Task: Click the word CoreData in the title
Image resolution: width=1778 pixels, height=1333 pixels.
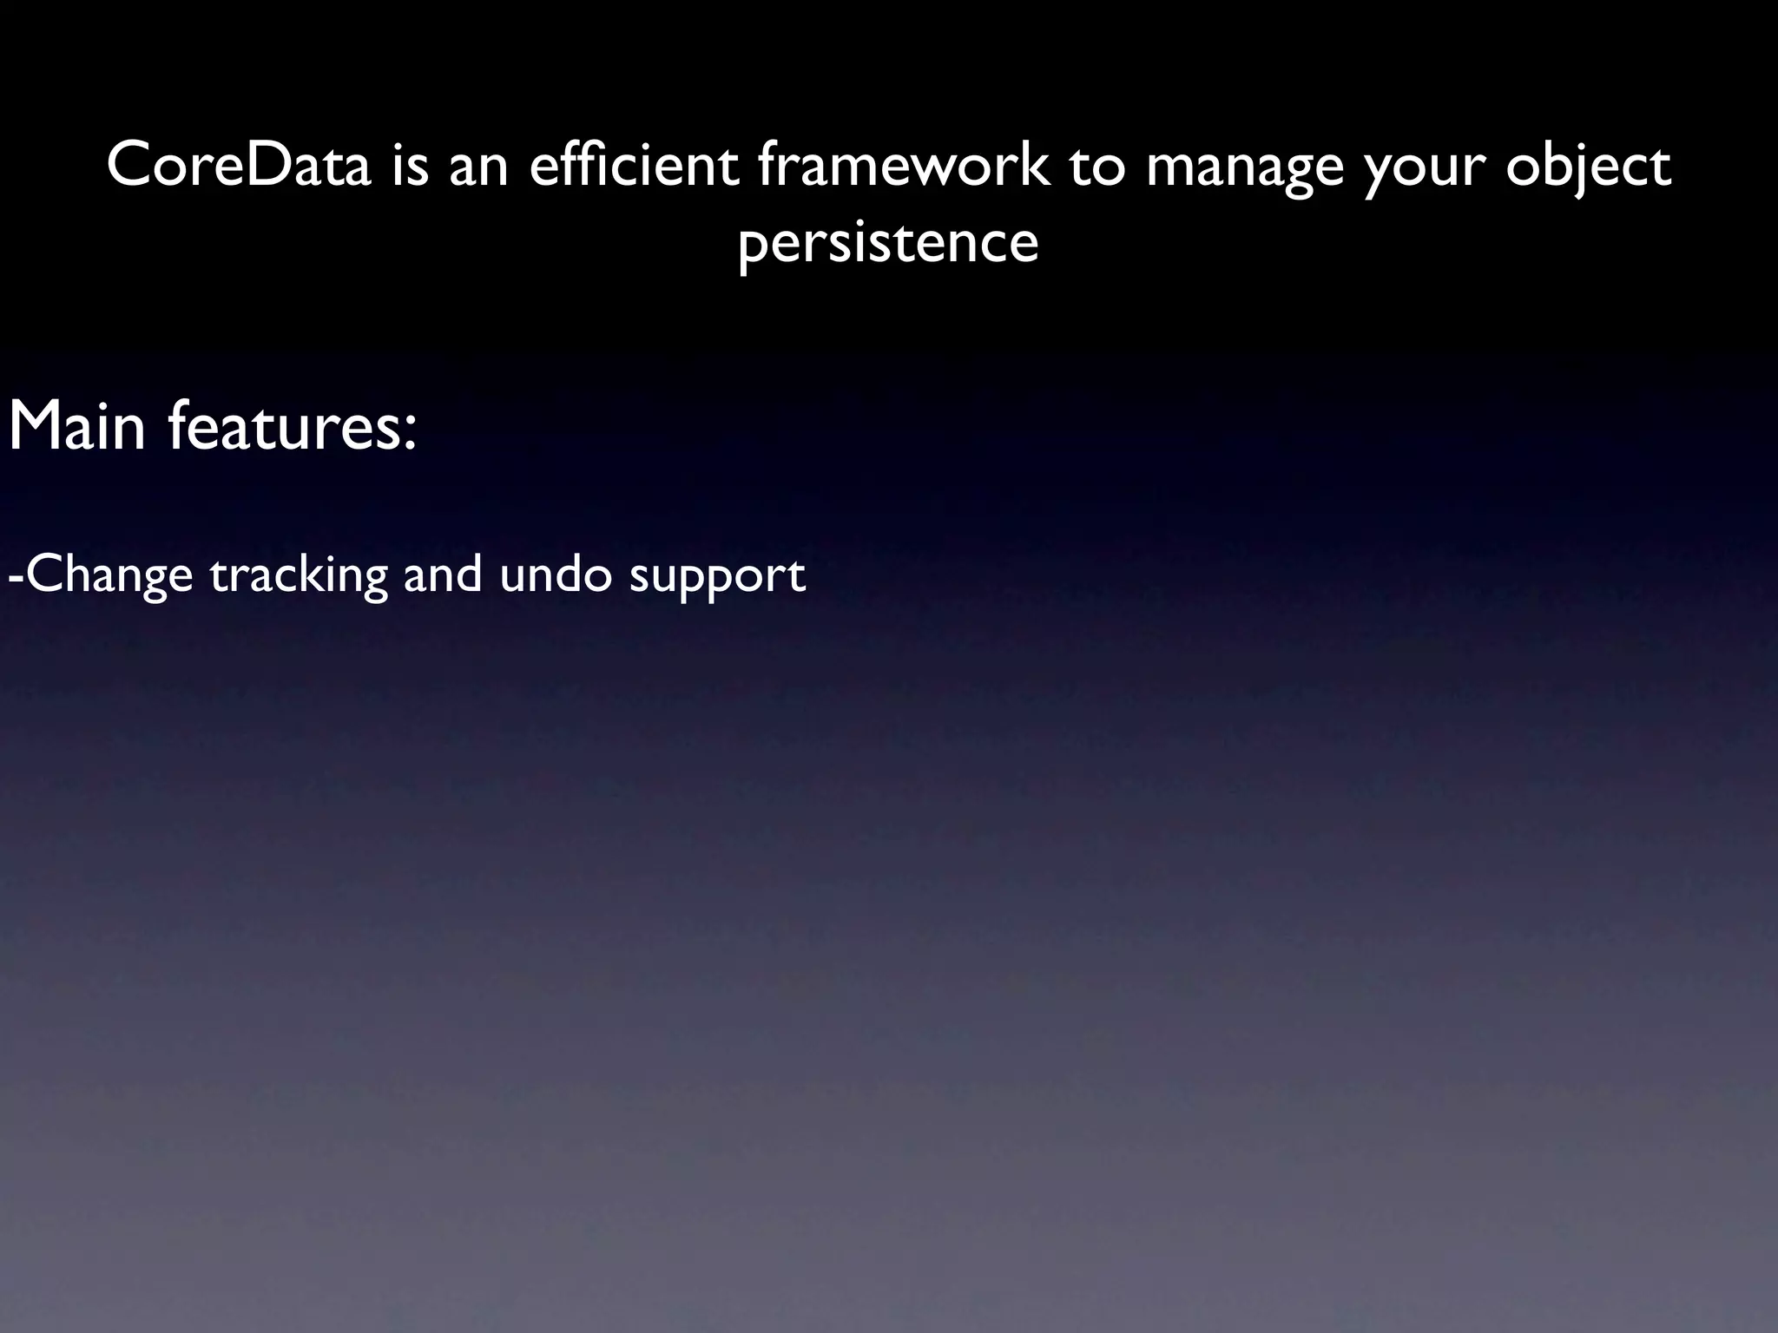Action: click(239, 165)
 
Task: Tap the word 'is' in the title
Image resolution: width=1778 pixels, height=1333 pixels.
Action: click(410, 165)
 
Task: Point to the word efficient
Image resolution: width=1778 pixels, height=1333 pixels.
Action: click(634, 165)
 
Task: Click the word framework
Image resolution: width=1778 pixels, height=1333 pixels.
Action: click(902, 165)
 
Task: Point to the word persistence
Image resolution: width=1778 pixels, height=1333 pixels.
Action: click(888, 243)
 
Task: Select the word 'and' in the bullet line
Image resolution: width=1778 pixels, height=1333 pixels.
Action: click(443, 575)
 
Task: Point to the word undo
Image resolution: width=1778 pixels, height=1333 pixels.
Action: click(556, 575)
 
